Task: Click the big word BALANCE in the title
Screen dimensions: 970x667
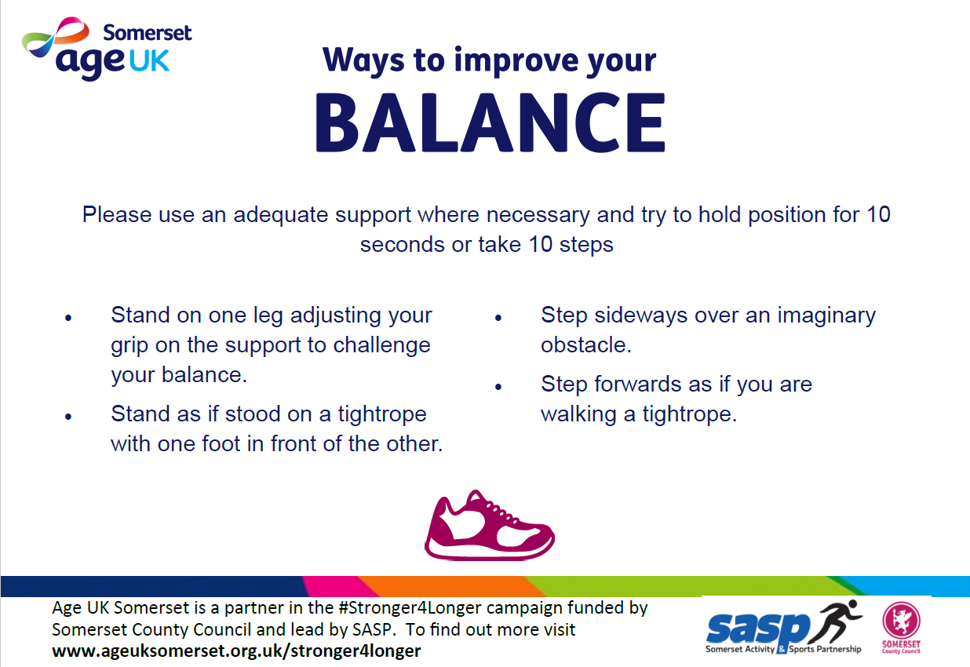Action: pyautogui.click(x=490, y=122)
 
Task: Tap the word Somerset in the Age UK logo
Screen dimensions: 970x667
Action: pyautogui.click(x=148, y=33)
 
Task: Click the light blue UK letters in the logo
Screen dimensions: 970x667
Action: pyautogui.click(x=149, y=61)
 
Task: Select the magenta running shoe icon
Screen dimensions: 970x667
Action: pyautogui.click(x=490, y=525)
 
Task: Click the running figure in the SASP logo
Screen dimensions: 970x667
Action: pyautogui.click(x=835, y=621)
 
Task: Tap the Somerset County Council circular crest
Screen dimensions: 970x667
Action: pyautogui.click(x=901, y=621)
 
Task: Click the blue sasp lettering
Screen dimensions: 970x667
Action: pyautogui.click(x=758, y=629)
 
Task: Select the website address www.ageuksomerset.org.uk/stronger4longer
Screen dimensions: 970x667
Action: pyautogui.click(x=236, y=651)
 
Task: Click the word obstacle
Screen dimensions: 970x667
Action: pyautogui.click(x=586, y=344)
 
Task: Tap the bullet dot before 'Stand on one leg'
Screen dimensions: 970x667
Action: pyautogui.click(x=68, y=319)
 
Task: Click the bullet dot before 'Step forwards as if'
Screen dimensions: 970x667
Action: pyautogui.click(x=498, y=387)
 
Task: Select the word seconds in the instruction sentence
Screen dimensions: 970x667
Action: pyautogui.click(x=403, y=245)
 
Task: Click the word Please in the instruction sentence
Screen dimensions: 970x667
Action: pyautogui.click(x=117, y=214)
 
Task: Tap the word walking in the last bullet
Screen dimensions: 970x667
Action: pyautogui.click(x=578, y=414)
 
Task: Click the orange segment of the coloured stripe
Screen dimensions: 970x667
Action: pyautogui.click(x=450, y=586)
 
